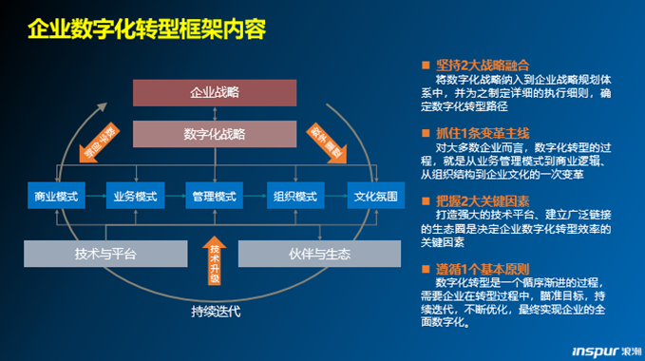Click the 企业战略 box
(215, 92)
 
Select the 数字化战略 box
(215, 134)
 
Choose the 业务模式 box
(135, 197)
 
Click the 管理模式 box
(214, 197)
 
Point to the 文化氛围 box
(373, 197)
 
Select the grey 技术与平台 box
(105, 254)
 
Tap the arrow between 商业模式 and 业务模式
(95, 197)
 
